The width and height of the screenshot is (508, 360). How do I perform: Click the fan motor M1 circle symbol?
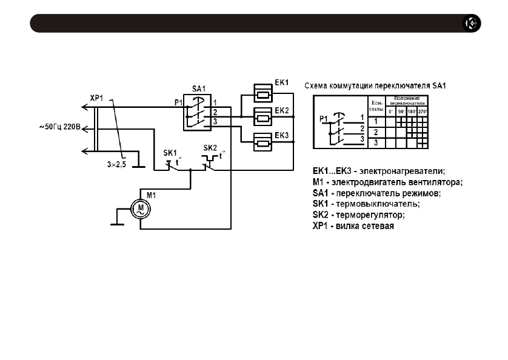pos(141,210)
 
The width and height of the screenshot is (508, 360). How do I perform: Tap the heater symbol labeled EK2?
pos(264,115)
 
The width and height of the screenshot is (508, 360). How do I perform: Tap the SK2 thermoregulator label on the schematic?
pos(210,147)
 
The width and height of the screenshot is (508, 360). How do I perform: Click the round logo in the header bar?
pos(472,24)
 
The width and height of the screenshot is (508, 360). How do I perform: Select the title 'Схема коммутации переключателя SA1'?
pos(375,85)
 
